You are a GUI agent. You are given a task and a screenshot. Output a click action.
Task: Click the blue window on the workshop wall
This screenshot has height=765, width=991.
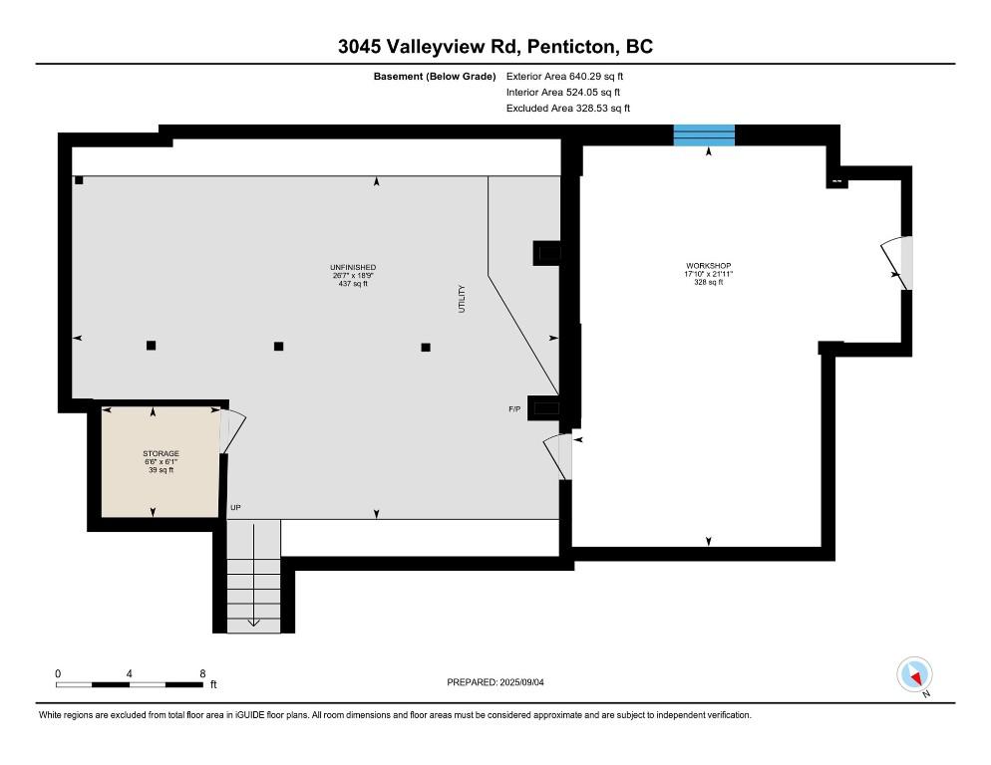(704, 135)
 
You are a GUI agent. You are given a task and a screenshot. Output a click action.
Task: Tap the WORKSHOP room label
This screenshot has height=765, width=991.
(709, 266)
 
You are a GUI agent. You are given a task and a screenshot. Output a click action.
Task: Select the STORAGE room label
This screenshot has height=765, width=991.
(161, 453)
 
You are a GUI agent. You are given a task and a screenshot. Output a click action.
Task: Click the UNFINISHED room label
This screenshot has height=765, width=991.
(353, 267)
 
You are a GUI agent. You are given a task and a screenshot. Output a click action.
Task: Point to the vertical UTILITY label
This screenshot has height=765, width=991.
(462, 299)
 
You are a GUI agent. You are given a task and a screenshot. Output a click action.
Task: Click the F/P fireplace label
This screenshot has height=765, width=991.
(514, 409)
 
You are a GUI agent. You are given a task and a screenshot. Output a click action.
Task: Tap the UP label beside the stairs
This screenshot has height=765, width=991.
(235, 507)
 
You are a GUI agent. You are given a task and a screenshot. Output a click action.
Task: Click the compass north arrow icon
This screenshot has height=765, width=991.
(914, 674)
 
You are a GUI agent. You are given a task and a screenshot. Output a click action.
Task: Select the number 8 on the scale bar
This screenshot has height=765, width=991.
(202, 674)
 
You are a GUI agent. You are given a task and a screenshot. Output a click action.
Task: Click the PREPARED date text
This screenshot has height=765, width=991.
(495, 682)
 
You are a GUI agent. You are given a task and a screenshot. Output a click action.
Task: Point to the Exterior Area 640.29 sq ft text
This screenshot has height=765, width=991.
(564, 77)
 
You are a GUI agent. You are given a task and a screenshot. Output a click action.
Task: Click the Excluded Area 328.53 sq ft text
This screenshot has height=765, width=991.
(568, 108)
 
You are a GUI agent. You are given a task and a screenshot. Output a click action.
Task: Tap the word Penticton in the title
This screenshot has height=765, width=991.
(570, 47)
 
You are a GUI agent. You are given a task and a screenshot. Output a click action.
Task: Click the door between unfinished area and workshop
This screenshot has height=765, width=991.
(558, 457)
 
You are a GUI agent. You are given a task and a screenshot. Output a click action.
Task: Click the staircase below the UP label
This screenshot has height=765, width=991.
(253, 576)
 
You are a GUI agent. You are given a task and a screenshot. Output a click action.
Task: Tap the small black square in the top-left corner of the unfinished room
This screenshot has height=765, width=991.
(79, 180)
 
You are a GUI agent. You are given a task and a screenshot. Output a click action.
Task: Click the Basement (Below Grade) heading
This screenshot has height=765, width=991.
(435, 77)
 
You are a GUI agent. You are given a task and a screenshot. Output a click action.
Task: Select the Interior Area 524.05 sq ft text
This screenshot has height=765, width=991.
(563, 93)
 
